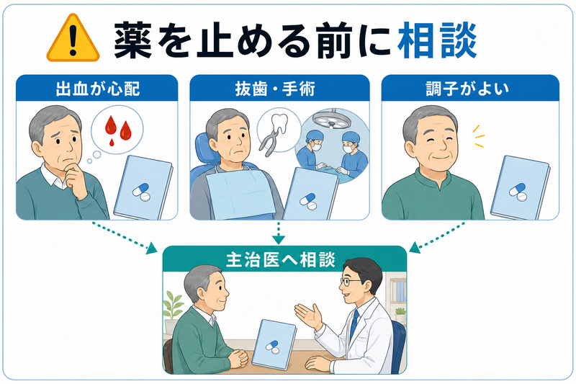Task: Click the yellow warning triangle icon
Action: (73, 39)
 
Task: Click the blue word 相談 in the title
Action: (437, 40)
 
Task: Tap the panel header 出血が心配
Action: (97, 89)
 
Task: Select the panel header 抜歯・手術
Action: (275, 89)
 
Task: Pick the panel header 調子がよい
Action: (467, 89)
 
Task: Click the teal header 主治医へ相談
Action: (281, 259)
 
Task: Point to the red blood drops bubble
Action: (117, 130)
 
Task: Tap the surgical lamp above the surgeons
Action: (330, 120)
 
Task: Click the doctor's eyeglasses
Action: (349, 282)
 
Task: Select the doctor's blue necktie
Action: (354, 324)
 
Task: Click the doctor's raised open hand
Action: (309, 316)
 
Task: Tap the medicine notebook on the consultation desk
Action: (274, 344)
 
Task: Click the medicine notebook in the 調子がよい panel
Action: (520, 188)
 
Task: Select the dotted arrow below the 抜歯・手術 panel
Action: (279, 233)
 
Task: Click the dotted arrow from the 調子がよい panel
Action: (437, 237)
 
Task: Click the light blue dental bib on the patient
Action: (240, 193)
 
